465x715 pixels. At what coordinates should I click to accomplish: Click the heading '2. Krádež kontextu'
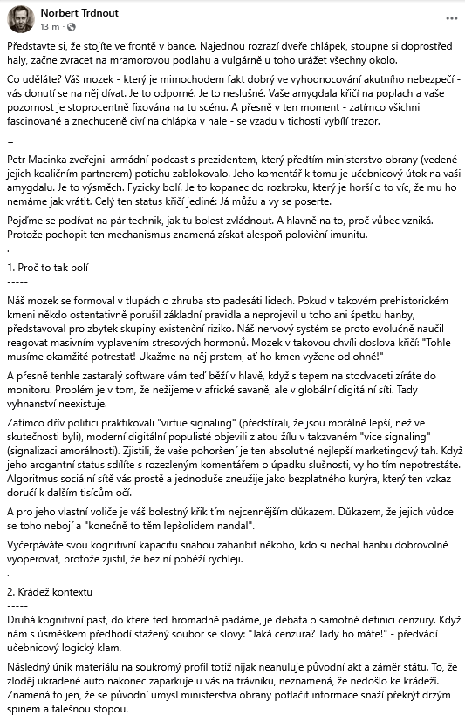[x=49, y=592]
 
